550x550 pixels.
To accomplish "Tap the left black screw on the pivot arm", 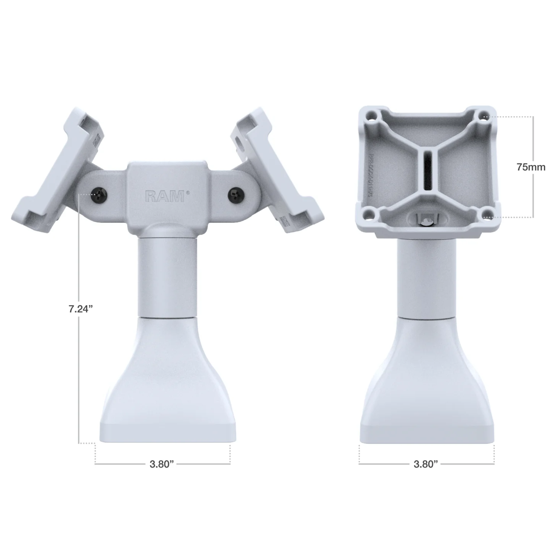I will coord(99,195).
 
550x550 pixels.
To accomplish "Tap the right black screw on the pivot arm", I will coord(236,195).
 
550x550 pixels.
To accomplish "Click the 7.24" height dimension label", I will coord(81,309).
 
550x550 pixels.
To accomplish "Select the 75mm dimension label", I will coord(531,167).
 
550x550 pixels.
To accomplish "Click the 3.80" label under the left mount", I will coord(162,464).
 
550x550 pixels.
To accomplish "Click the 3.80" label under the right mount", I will coord(426,464).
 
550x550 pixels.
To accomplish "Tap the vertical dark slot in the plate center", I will coord(428,171).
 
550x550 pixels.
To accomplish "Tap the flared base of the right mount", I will coord(427,393).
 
